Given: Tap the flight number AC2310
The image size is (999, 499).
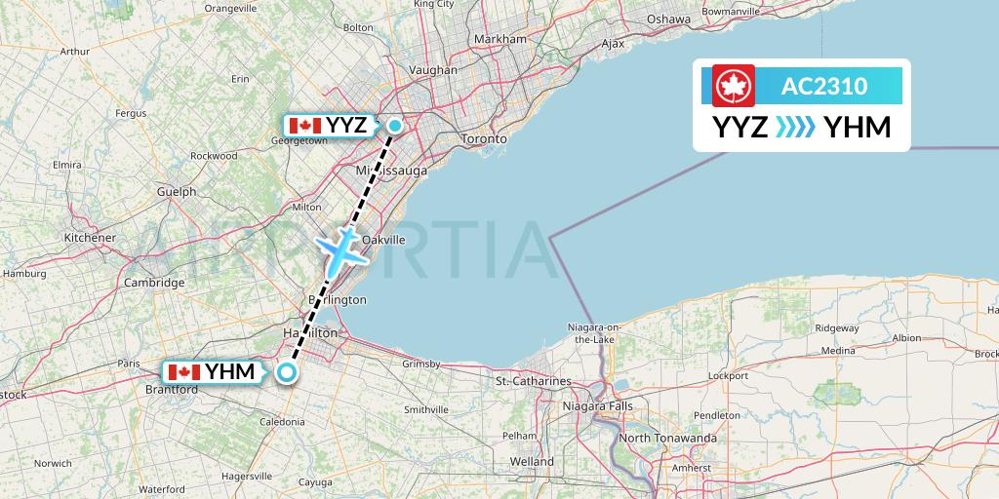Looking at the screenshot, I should tap(823, 86).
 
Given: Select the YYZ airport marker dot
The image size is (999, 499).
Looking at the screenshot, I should tap(395, 125).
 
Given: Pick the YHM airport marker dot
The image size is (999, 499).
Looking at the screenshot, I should tap(287, 371).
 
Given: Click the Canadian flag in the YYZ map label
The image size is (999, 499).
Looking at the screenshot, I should tap(305, 126).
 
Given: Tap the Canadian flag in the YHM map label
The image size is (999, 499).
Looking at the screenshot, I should tap(184, 372).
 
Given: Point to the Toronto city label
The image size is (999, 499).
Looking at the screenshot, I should tap(484, 139).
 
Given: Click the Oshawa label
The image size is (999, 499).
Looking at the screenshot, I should tap(668, 19).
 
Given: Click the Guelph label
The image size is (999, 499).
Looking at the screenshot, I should tap(176, 192).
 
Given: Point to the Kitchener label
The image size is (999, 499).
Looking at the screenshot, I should tap(90, 238).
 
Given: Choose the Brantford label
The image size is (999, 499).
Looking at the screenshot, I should tap(171, 390).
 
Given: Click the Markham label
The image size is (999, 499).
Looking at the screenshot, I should tap(499, 39).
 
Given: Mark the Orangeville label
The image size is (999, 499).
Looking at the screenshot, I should tap(229, 9).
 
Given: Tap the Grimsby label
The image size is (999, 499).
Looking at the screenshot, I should tap(421, 364).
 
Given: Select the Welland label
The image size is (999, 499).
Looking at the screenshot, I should tap(532, 461).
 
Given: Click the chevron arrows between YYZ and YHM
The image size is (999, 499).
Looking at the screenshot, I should tap(795, 127).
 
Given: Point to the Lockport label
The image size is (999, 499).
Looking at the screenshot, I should tap(727, 375).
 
